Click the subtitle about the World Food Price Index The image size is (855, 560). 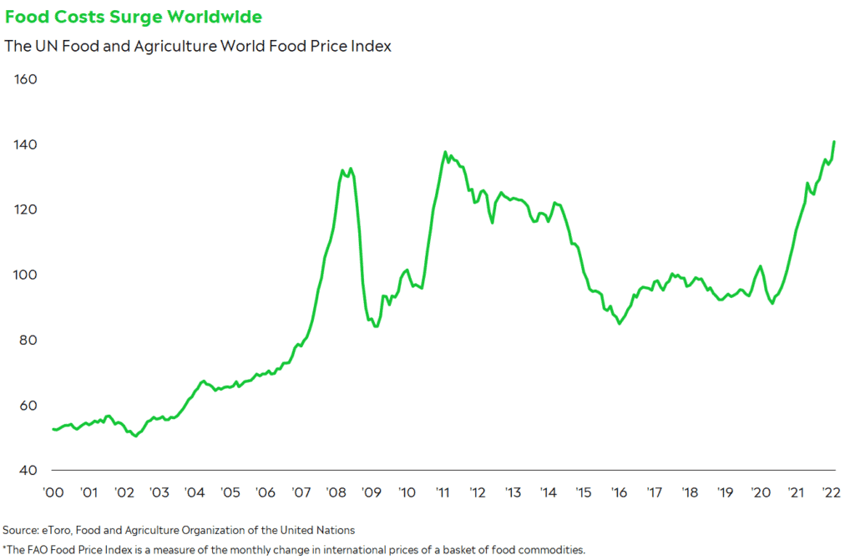(x=198, y=46)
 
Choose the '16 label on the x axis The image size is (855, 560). (x=619, y=492)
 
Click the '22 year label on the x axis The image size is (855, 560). (x=831, y=492)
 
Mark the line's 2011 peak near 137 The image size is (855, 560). (x=445, y=152)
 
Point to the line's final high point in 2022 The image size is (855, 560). (x=834, y=141)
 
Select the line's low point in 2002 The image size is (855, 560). (x=135, y=436)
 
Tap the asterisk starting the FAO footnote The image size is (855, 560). (x=4, y=548)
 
